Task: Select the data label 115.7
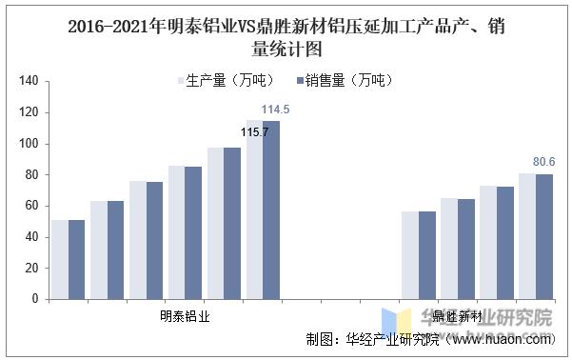(254, 131)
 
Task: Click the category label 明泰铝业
(185, 315)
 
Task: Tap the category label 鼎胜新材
(456, 315)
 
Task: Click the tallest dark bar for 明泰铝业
(271, 210)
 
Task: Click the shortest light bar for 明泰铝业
(59, 259)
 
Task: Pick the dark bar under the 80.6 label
(543, 236)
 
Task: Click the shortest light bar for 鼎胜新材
(409, 255)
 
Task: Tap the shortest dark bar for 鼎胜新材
(426, 255)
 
